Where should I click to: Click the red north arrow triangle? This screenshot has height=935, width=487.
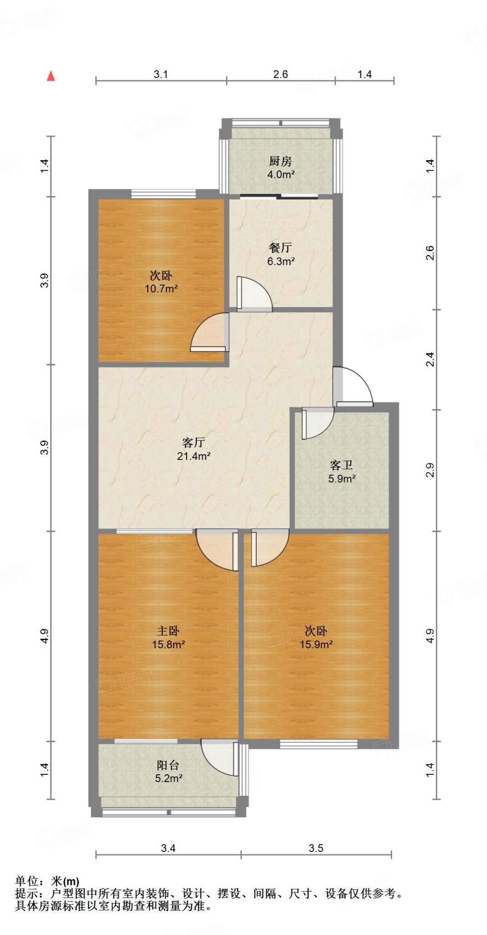[51, 76]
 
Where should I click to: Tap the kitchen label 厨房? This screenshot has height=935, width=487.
[280, 161]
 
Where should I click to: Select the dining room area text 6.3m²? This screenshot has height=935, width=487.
[280, 262]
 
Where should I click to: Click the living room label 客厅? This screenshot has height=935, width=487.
[193, 442]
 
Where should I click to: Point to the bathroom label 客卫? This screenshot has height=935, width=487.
[342, 465]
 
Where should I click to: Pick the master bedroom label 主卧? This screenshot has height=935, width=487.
[168, 631]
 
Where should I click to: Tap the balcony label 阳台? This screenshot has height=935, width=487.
[168, 765]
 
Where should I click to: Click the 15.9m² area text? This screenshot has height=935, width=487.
[316, 645]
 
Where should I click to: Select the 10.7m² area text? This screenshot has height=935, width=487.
[161, 289]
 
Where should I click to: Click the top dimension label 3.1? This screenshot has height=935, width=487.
[161, 74]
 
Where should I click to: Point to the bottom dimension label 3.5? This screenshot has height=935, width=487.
[316, 848]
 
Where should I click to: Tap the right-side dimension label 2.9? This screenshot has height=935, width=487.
[430, 470]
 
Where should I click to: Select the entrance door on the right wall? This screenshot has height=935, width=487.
[353, 386]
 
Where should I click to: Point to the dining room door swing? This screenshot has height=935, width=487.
[254, 294]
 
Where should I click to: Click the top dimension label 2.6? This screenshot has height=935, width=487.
[280, 74]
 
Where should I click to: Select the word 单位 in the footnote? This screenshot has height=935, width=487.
[26, 881]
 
